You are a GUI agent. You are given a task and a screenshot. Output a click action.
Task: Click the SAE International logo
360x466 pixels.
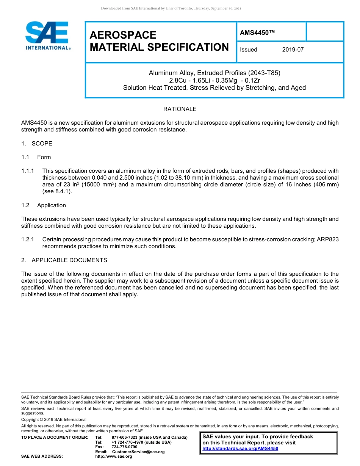click(47, 36)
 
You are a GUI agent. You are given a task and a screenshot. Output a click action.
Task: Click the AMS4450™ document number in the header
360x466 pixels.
click(257, 33)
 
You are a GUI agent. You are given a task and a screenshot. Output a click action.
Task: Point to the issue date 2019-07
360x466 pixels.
click(293, 50)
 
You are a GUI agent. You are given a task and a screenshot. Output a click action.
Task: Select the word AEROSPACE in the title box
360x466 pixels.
click(123, 35)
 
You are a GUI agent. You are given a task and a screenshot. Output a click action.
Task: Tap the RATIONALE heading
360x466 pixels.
click(180, 109)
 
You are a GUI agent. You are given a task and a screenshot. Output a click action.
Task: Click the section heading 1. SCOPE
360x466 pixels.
click(37, 144)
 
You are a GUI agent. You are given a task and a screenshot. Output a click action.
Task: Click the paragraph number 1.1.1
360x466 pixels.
click(28, 171)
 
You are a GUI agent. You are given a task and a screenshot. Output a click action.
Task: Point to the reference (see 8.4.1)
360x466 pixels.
click(57, 191)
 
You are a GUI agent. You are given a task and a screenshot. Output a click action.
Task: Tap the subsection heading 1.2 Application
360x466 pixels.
click(44, 205)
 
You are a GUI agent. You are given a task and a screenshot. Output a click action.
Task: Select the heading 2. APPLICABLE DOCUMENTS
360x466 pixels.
click(64, 260)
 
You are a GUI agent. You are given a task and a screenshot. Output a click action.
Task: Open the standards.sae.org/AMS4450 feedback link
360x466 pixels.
click(240, 449)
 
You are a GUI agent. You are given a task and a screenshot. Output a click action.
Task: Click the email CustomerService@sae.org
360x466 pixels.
click(138, 452)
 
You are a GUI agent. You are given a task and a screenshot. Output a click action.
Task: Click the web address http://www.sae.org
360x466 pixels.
click(114, 457)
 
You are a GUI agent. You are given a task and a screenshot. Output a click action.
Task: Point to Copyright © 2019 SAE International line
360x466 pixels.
click(54, 420)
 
